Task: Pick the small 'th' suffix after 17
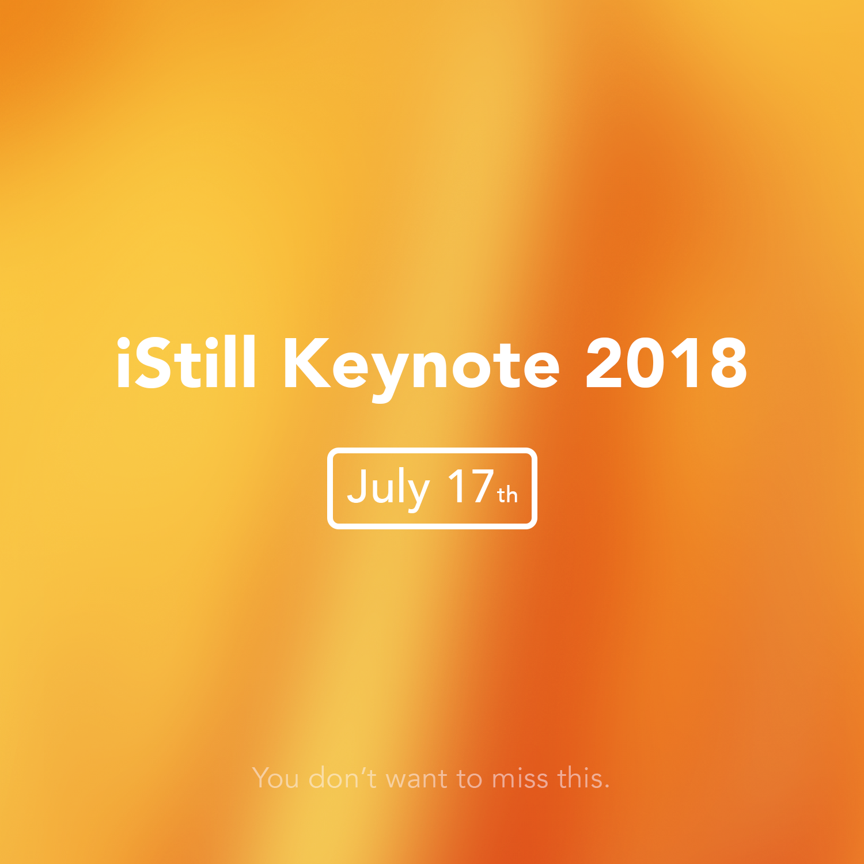(x=507, y=495)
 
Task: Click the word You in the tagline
(x=276, y=778)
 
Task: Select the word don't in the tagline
(x=343, y=778)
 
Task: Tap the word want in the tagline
(x=416, y=779)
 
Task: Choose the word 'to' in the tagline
(x=469, y=779)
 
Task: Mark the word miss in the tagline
(x=520, y=779)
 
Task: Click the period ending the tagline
(x=607, y=787)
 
